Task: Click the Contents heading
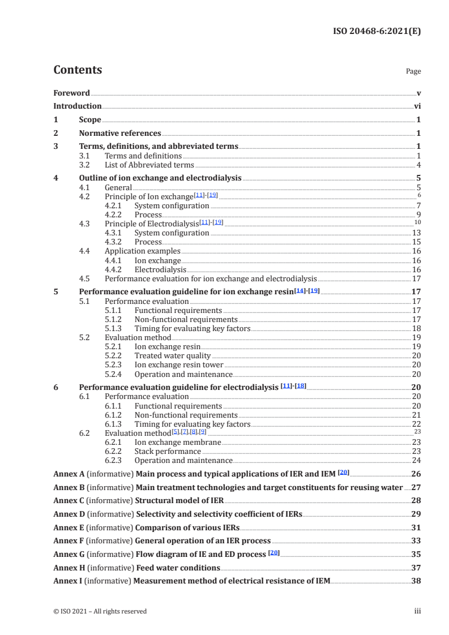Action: point(78,70)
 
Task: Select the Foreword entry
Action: point(71,93)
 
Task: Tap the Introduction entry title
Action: point(78,106)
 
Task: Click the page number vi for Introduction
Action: point(417,106)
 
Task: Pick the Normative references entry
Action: point(120,134)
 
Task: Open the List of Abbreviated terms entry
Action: point(149,165)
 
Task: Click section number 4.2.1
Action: point(115,205)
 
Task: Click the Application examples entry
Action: point(143,251)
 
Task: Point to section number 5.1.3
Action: point(115,328)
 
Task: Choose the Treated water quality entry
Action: point(172,356)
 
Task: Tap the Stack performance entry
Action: point(168,452)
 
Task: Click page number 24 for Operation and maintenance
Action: point(416,461)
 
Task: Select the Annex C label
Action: point(67,501)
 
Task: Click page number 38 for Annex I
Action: point(416,581)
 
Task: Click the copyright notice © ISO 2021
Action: point(100,611)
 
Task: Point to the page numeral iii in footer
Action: point(417,611)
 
